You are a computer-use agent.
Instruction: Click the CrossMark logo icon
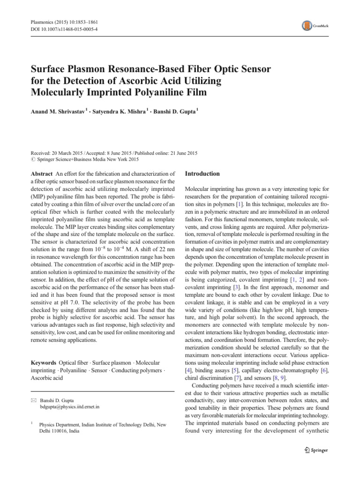click(307, 26)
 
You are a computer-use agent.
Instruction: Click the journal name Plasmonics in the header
click(45, 22)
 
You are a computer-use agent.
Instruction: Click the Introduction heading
click(203, 174)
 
